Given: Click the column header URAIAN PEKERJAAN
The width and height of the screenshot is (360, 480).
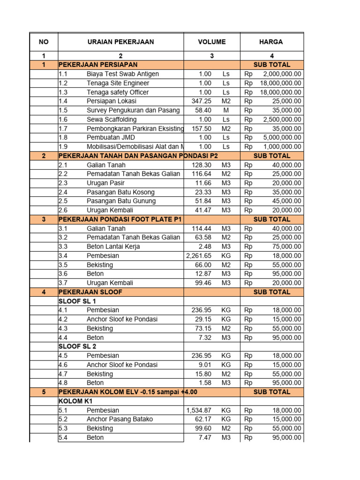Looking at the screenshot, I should pyautogui.click(x=120, y=42).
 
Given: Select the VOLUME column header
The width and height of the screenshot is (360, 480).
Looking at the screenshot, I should pyautogui.click(x=211, y=42).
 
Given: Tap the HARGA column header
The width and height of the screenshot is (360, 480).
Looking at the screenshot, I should pyautogui.click(x=271, y=42).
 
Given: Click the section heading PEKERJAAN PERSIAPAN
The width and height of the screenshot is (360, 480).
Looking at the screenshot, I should pyautogui.click(x=98, y=65).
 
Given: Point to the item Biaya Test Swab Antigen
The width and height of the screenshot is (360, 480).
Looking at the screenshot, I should pyautogui.click(x=123, y=74).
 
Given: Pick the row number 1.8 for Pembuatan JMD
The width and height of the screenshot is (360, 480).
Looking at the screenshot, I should pyautogui.click(x=64, y=137).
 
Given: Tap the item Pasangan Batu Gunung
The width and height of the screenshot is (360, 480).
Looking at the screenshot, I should pyautogui.click(x=121, y=201).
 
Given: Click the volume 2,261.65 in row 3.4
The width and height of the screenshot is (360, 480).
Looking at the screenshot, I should pyautogui.click(x=199, y=256).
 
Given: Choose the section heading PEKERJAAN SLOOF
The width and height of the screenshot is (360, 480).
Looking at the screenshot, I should pyautogui.click(x=90, y=292).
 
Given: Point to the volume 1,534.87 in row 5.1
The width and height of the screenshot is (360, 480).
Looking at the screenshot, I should pyautogui.click(x=199, y=410).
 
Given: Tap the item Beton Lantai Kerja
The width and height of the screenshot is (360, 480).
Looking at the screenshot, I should pyautogui.click(x=113, y=247).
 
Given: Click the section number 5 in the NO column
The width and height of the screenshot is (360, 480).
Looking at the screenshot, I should pyautogui.click(x=44, y=392).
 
